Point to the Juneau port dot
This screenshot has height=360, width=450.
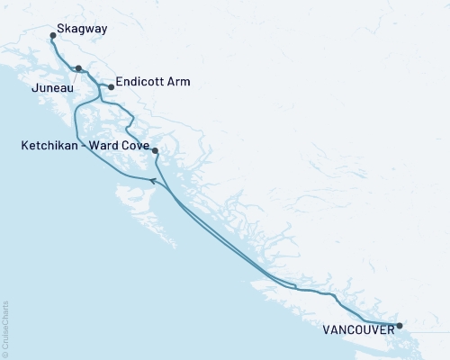[79, 68]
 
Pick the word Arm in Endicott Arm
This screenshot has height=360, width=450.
[178, 83]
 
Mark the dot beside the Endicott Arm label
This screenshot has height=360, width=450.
[111, 87]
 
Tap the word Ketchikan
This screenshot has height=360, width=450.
[51, 144]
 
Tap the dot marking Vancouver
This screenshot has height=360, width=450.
[400, 326]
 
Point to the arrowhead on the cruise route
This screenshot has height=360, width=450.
[153, 181]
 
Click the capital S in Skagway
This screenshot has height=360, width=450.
[59, 29]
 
